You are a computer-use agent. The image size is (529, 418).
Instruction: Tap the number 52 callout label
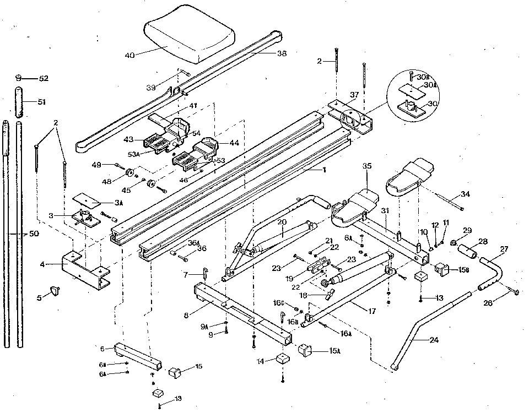[43, 79]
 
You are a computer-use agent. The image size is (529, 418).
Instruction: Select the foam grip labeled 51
[18, 102]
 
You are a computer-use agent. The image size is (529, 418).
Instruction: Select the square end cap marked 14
[284, 360]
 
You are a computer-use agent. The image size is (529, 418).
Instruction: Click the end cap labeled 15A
[305, 349]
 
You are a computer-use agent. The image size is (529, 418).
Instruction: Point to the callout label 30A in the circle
[430, 85]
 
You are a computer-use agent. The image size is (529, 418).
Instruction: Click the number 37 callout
[354, 95]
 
